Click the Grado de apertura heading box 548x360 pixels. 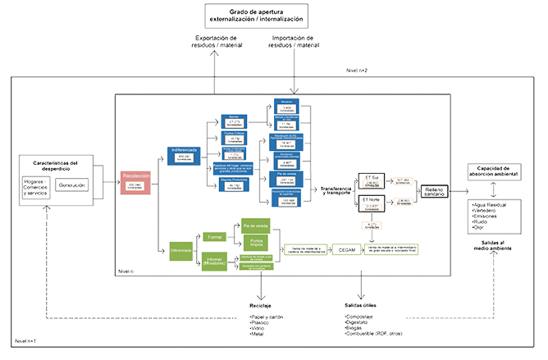(x=255, y=14)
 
